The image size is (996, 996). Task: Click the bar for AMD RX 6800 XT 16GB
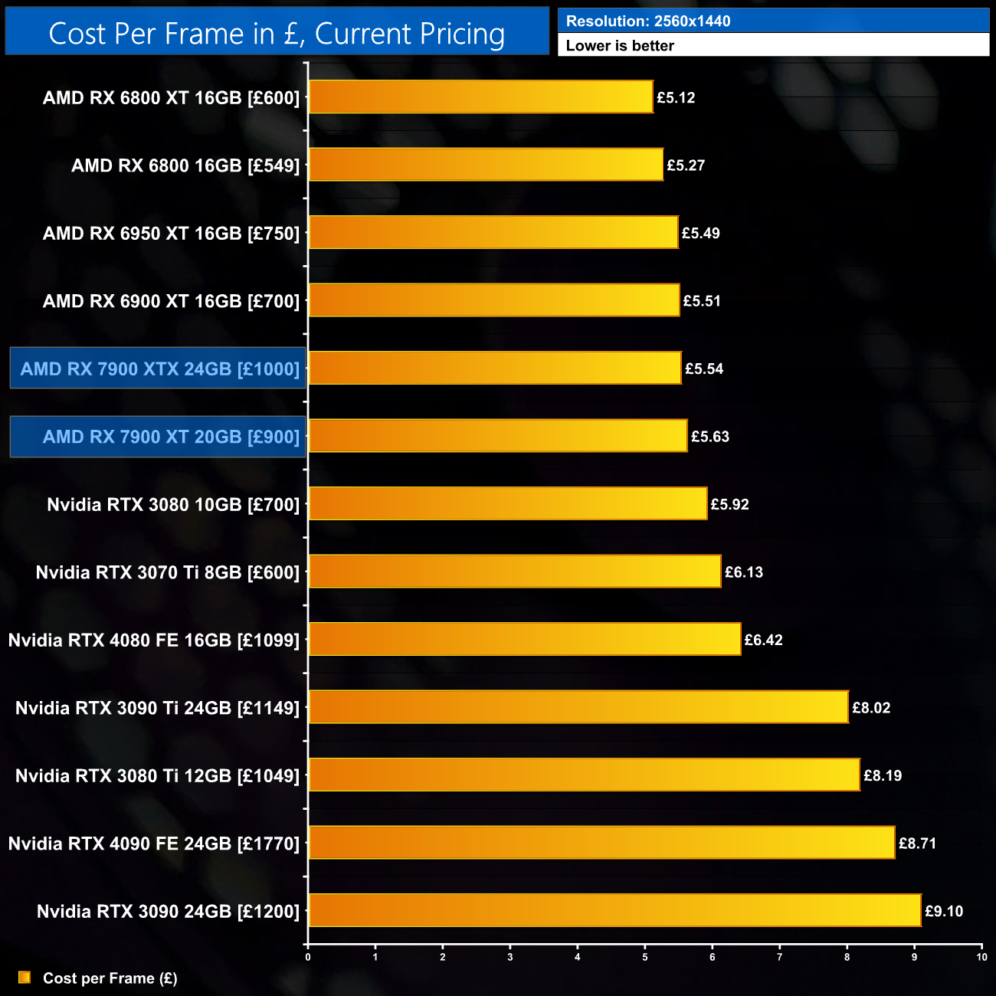pyautogui.click(x=480, y=97)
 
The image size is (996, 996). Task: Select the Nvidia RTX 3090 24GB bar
pyautogui.click(x=614, y=911)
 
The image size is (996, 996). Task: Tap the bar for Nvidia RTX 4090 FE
pyautogui.click(x=601, y=843)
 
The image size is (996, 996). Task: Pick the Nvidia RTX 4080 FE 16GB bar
pyautogui.click(x=525, y=640)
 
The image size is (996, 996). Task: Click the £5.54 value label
pyautogui.click(x=704, y=369)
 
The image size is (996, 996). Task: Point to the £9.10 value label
pyautogui.click(x=944, y=911)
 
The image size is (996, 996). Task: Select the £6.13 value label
pyautogui.click(x=744, y=572)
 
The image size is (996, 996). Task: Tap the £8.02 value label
pyautogui.click(x=871, y=708)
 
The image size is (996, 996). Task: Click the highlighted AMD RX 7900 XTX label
pyautogui.click(x=159, y=369)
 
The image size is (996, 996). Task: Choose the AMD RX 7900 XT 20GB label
pyautogui.click(x=171, y=437)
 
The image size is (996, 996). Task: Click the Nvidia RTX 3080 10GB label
pyautogui.click(x=173, y=504)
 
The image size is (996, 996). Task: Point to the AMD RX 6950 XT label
pyautogui.click(x=171, y=233)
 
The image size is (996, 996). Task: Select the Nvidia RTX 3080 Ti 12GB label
pyautogui.click(x=157, y=775)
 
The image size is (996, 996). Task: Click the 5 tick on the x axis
pyautogui.click(x=645, y=957)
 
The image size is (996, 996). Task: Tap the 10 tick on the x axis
pyautogui.click(x=981, y=957)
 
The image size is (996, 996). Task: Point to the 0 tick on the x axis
pyautogui.click(x=308, y=957)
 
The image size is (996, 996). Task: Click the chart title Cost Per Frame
pyautogui.click(x=277, y=34)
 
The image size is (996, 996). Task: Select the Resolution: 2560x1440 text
pyautogui.click(x=648, y=21)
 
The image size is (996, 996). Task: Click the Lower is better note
pyautogui.click(x=620, y=46)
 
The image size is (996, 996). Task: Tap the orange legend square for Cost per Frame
pyautogui.click(x=25, y=978)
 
